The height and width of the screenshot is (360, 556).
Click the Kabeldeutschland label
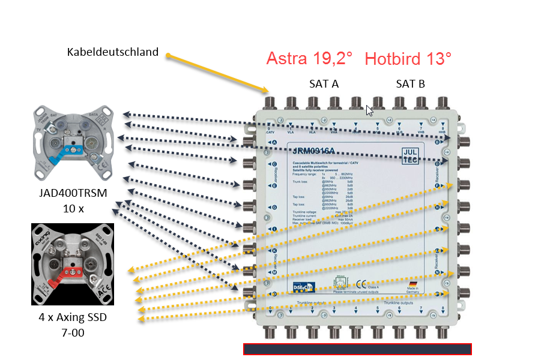click(x=113, y=52)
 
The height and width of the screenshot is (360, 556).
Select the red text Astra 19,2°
click(x=309, y=59)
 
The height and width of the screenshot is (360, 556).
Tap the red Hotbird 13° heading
click(x=408, y=59)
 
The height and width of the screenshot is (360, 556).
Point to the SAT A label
click(x=324, y=84)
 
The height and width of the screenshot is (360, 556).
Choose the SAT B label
click(x=410, y=84)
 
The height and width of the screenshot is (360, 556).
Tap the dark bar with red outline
click(x=357, y=349)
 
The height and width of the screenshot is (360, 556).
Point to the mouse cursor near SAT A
click(x=369, y=110)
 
